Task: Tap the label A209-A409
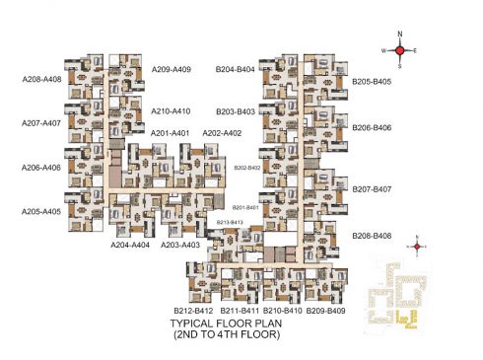coord(172,69)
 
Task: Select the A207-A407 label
coord(41,123)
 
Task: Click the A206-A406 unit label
coord(41,167)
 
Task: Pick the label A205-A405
coord(41,211)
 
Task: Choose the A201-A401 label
coord(170,133)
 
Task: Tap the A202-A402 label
coord(222,133)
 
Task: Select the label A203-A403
coord(180,245)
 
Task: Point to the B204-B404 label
coord(236,69)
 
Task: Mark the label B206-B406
coord(372,127)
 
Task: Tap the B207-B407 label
coord(373,188)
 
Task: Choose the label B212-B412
coord(193,311)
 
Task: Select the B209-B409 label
coord(325,311)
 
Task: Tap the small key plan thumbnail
coord(398,293)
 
